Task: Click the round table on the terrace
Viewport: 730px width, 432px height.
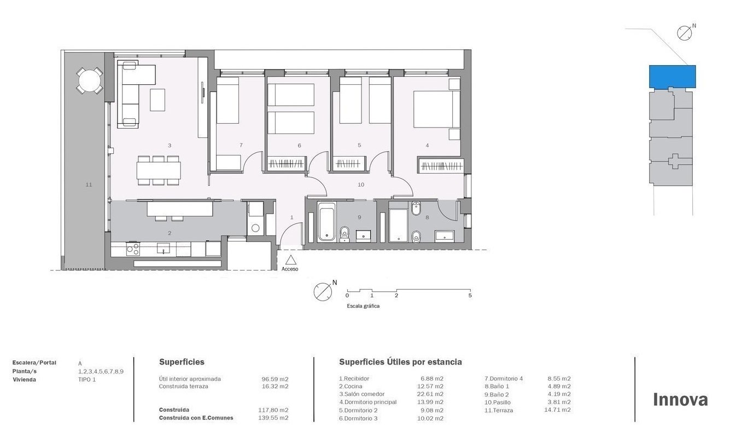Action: click(90, 80)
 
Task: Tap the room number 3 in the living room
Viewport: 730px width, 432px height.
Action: click(170, 146)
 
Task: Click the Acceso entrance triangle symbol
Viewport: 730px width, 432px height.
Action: click(291, 260)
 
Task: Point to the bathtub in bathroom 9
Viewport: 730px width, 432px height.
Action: click(327, 222)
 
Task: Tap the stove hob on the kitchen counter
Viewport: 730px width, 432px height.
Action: click(133, 250)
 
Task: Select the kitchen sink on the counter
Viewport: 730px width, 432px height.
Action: click(163, 249)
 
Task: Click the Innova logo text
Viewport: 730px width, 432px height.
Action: click(680, 400)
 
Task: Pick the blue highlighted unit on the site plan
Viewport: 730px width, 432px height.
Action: click(673, 77)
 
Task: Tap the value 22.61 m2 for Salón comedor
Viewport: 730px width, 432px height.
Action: click(430, 394)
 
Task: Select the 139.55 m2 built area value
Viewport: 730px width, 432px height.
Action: click(273, 418)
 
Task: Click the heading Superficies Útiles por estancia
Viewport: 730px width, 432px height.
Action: click(400, 362)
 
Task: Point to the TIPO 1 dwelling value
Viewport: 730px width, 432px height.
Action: click(87, 379)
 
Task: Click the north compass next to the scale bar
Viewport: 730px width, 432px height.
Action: click(323, 291)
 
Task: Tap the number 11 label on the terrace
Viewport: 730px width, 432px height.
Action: click(89, 185)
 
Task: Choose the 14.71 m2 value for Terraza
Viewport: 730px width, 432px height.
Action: click(557, 410)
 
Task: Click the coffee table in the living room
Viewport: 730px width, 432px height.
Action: click(157, 100)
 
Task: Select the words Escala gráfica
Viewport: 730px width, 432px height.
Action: click(363, 306)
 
